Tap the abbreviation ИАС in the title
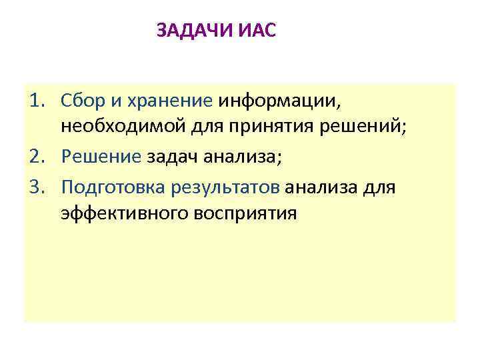256,31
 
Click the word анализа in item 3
322,187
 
